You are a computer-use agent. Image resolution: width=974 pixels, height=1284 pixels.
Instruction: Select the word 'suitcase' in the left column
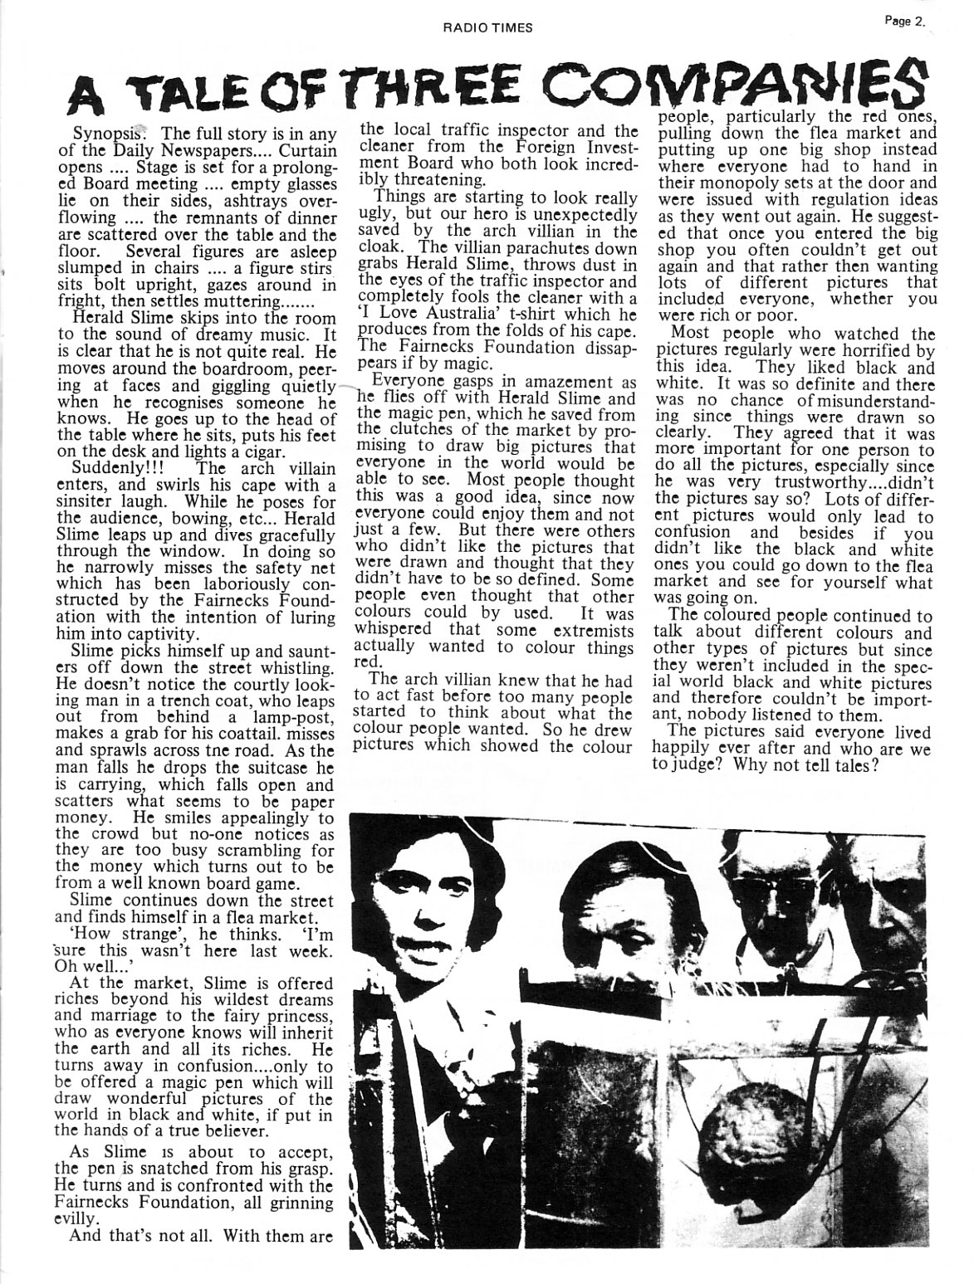coord(279,768)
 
